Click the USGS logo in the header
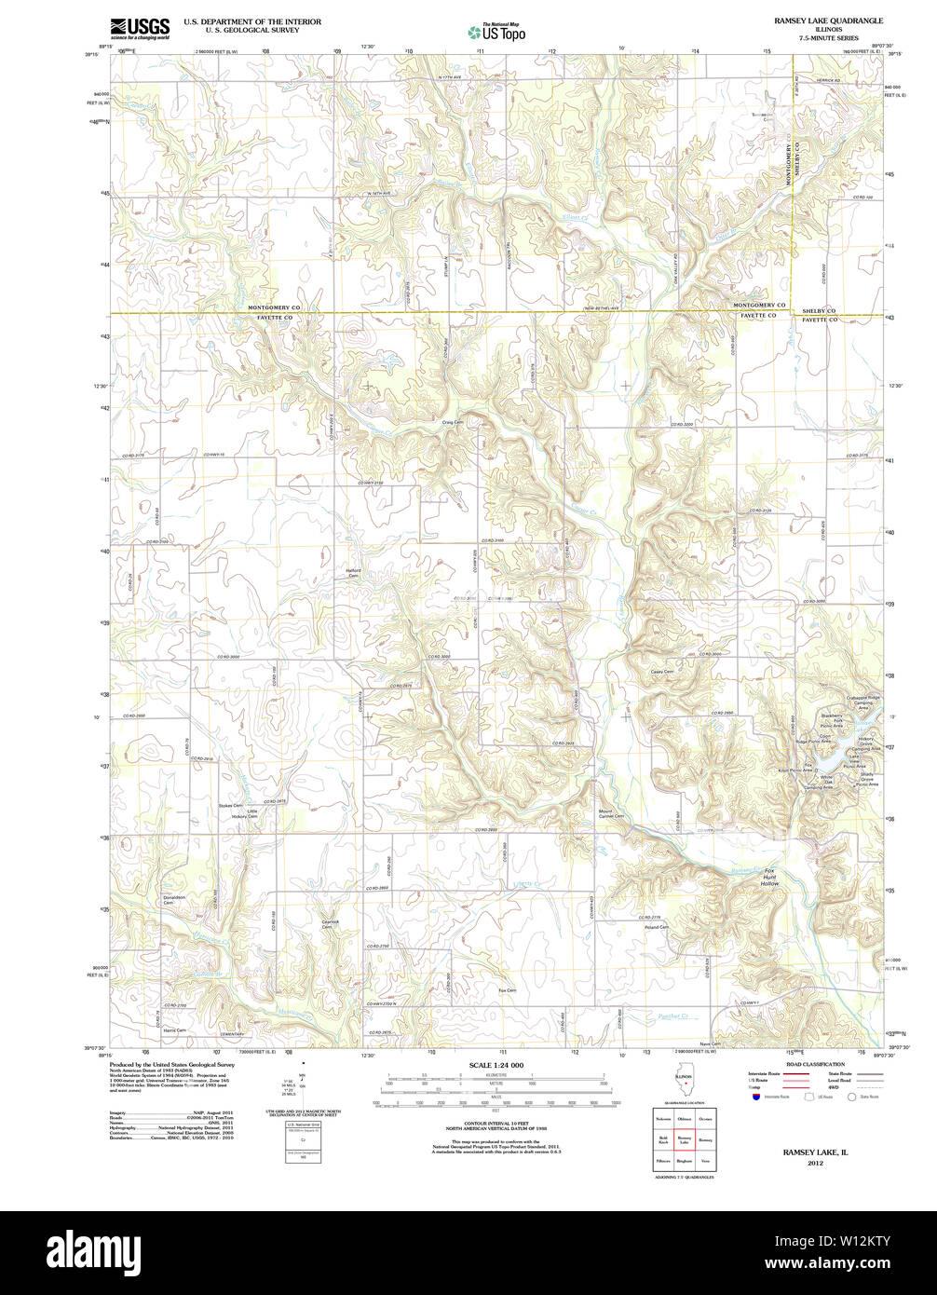coord(140,28)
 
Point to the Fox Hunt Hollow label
coord(769,877)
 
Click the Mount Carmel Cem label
coord(611,813)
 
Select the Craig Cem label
coord(453,421)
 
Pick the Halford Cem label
coord(353,573)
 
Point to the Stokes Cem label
coord(230,805)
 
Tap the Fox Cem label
coord(507,989)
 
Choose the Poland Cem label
coord(657,927)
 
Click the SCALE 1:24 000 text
coord(496,1065)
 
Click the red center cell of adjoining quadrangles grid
coord(684,1139)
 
